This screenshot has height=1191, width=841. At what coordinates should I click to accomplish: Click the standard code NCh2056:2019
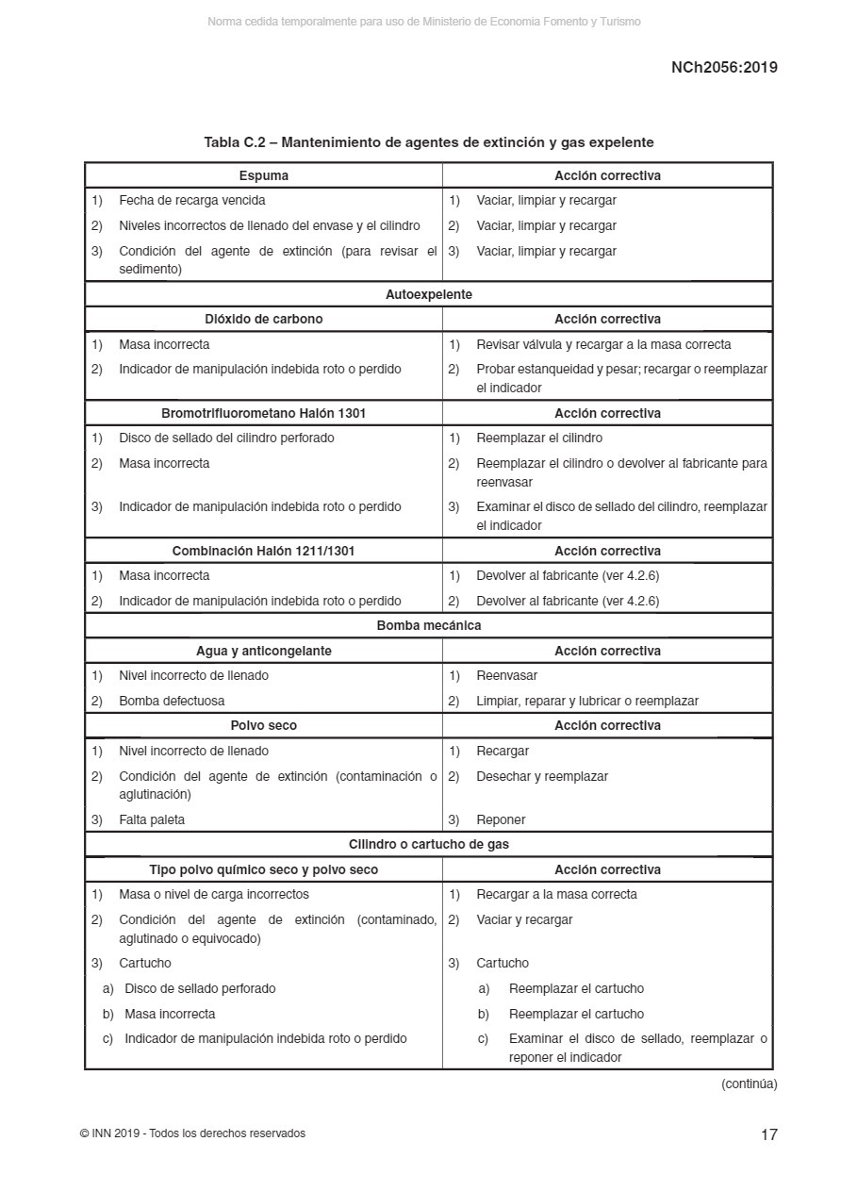[724, 67]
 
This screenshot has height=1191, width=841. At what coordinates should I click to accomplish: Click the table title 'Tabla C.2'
[428, 142]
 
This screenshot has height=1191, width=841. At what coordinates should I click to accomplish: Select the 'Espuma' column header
[264, 175]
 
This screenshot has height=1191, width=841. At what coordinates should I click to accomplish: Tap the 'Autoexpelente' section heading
[428, 294]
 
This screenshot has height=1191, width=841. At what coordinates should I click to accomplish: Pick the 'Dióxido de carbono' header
[264, 319]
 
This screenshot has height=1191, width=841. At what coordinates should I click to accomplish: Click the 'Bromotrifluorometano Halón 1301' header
[264, 413]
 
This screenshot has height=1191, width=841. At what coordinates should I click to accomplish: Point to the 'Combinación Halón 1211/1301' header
[264, 551]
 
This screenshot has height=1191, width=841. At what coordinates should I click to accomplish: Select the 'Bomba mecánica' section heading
[428, 625]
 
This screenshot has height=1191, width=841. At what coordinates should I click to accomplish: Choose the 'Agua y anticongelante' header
[264, 651]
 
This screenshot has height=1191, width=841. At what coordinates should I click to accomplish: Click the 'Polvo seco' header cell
[264, 725]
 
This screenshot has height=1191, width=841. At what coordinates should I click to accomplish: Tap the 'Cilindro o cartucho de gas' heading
[428, 844]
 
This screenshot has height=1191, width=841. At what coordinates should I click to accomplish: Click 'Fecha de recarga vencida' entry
[191, 200]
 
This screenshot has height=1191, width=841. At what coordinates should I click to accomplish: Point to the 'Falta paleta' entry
[152, 819]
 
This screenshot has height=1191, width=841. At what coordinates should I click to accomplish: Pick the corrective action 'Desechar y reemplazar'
[542, 776]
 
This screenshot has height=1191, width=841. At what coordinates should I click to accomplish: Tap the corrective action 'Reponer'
[501, 819]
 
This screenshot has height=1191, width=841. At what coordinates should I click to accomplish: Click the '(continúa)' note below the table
[749, 1083]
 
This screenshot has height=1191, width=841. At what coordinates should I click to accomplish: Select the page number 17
[769, 1134]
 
